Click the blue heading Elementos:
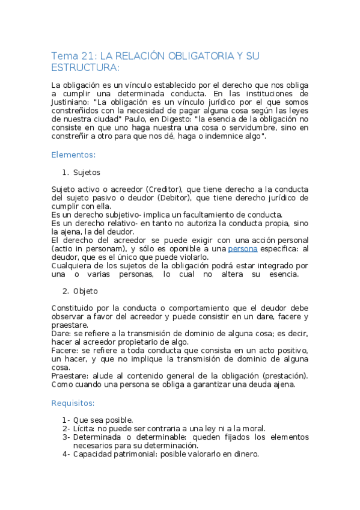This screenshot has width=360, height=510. pyautogui.click(x=73, y=155)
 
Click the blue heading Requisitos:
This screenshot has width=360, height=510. pyautogui.click(x=73, y=402)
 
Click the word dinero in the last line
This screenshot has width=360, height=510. pyautogui.click(x=244, y=455)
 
